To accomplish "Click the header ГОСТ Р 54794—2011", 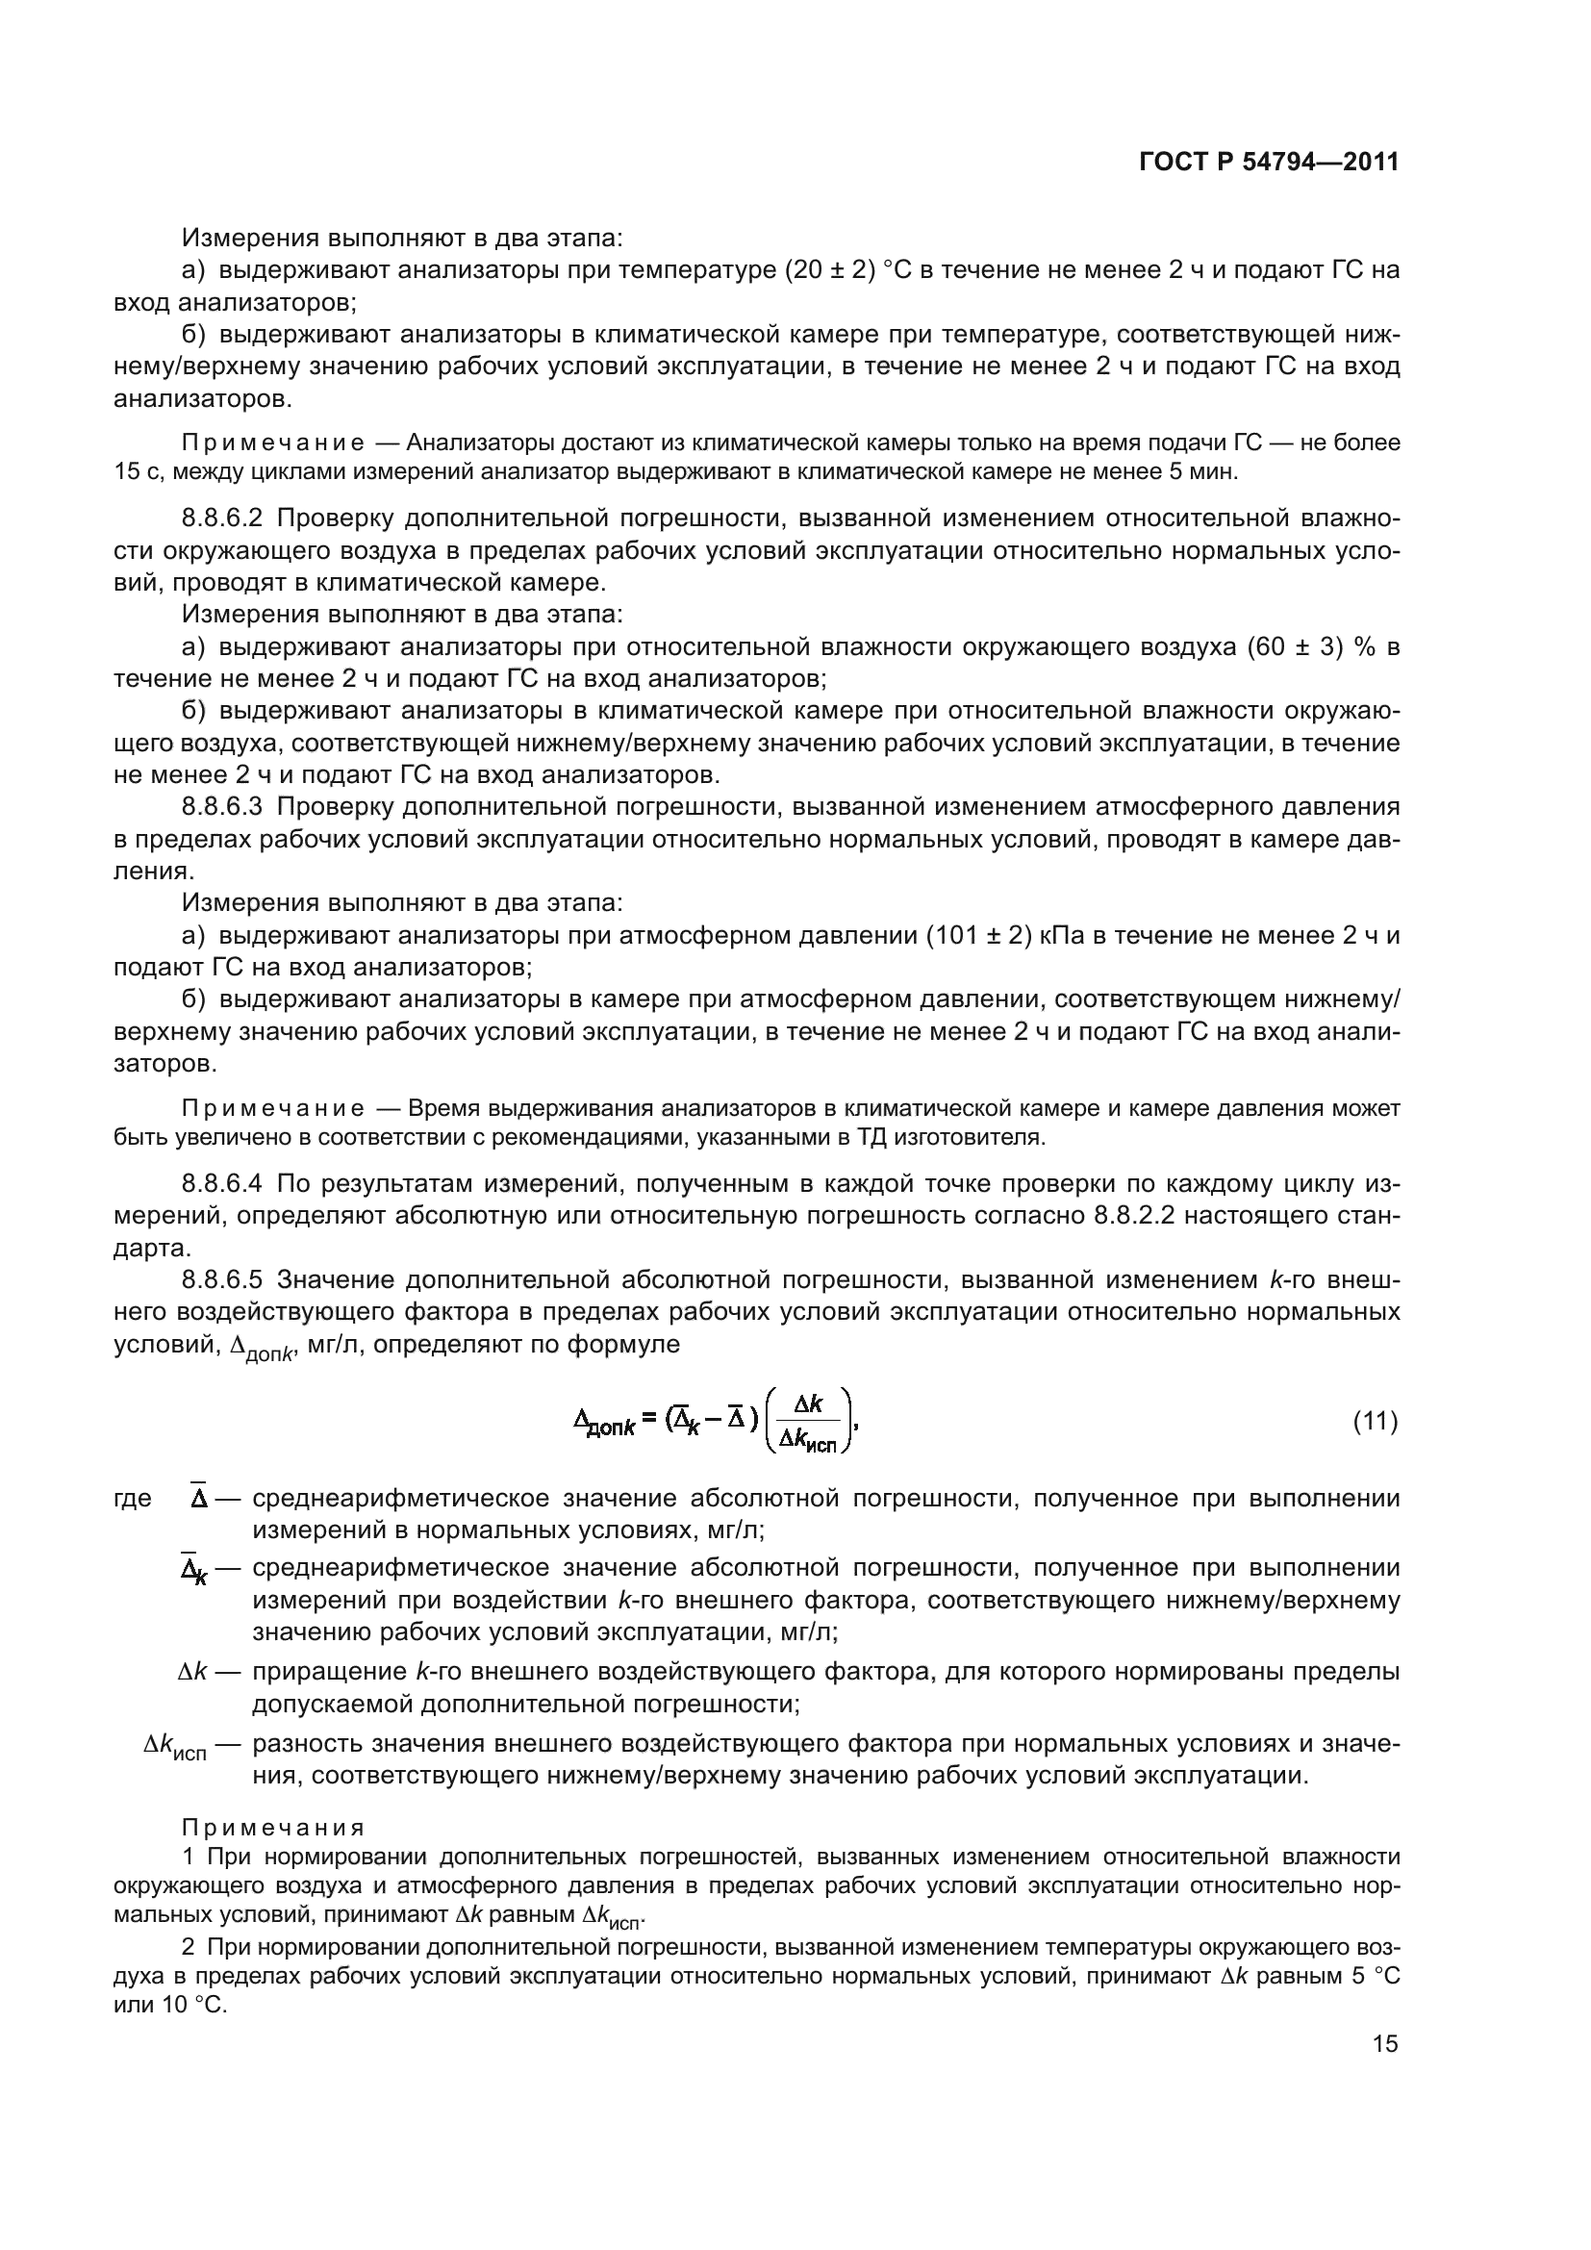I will click(1269, 163).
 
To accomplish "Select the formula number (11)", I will click(1375, 1421).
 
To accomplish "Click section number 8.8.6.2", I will click(221, 518).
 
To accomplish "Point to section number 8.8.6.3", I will click(221, 806).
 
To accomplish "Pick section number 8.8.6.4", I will click(221, 1184).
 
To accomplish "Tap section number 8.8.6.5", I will click(221, 1279).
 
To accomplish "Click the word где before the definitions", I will click(132, 1499).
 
